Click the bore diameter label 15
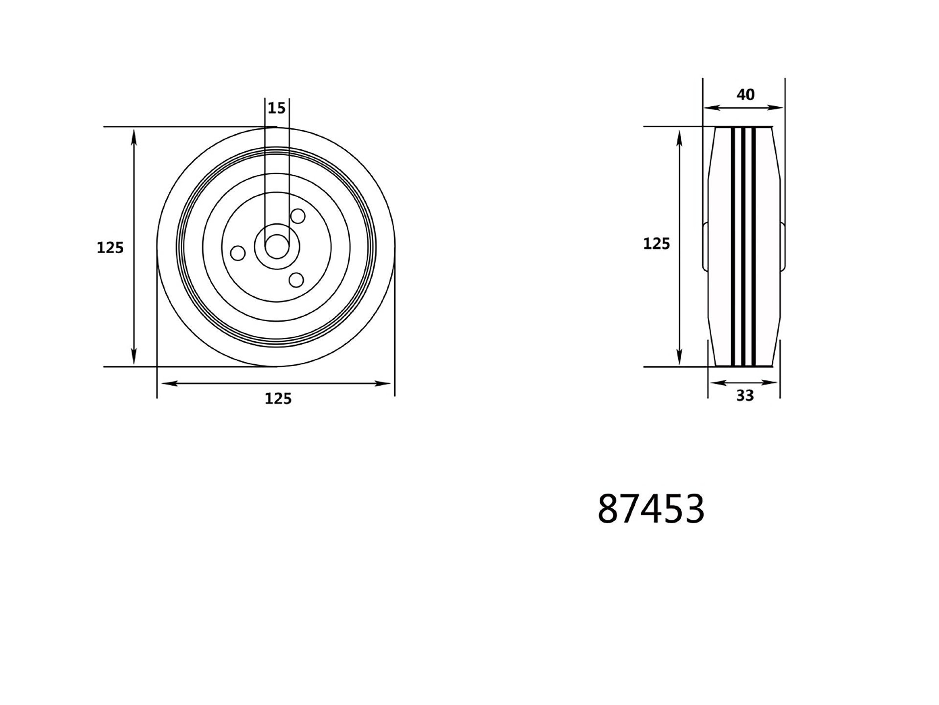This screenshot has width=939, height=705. (x=277, y=108)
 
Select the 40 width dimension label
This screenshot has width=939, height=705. (x=745, y=94)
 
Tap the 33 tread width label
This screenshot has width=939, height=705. (x=745, y=396)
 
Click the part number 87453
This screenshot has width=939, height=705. (x=651, y=509)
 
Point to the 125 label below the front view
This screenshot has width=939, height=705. (x=278, y=399)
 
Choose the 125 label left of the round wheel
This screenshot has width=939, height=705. (x=110, y=248)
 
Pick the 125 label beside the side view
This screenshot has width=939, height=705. (x=656, y=244)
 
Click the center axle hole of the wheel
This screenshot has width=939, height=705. (x=277, y=247)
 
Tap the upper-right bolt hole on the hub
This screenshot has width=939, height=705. (x=297, y=216)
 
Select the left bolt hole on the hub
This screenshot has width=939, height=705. (x=238, y=254)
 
